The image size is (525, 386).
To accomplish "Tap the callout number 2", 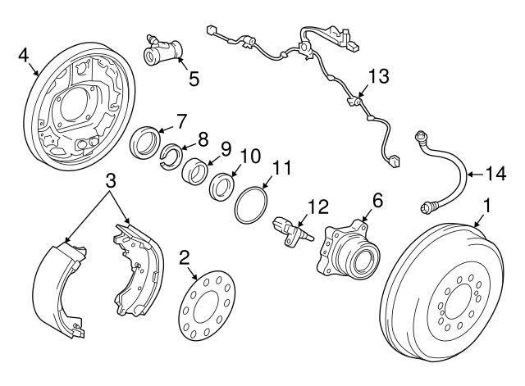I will (185, 257).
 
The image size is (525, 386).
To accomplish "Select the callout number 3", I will (109, 181).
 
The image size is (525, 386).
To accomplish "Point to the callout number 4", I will (24, 56).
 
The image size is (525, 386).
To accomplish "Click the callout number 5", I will (194, 79).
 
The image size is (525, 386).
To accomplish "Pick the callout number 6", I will (378, 199).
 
